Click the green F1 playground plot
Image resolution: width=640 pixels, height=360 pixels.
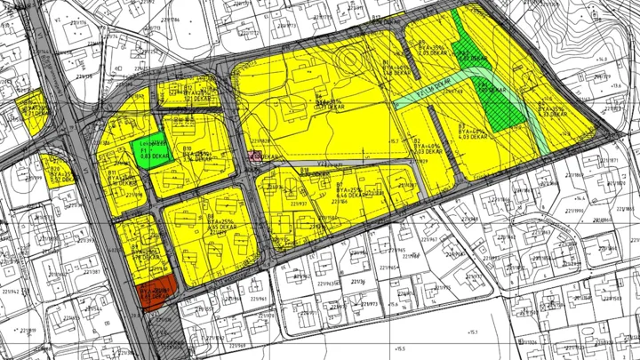[148, 150]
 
